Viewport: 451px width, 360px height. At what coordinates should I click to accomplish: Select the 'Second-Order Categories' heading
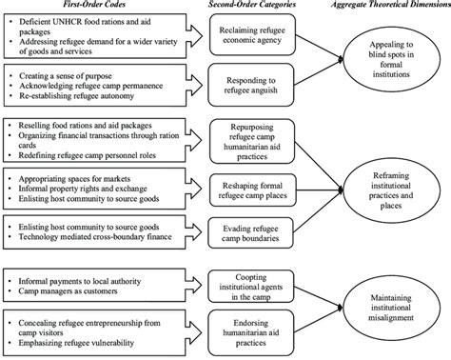[x=248, y=7]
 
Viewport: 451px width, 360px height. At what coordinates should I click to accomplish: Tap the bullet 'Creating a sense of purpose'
[x=67, y=73]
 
